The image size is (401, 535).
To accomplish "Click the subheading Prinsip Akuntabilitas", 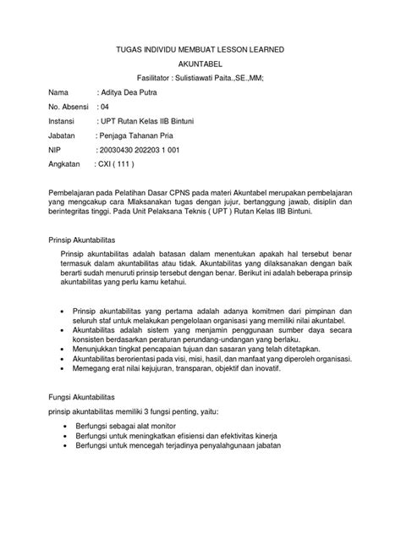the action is [x=85, y=240].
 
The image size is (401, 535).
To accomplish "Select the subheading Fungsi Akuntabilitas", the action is [x=85, y=396].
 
